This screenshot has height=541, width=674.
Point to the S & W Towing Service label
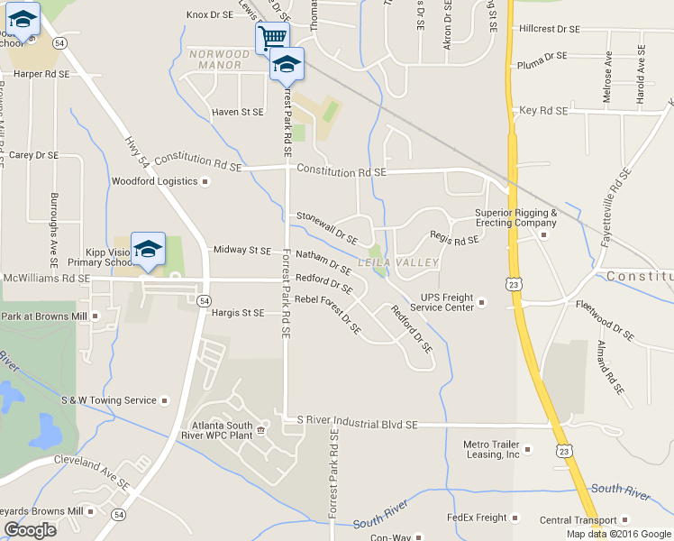[x=108, y=399]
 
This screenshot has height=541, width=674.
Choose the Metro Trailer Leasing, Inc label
[x=491, y=449]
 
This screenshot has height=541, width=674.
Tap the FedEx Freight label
[x=477, y=518]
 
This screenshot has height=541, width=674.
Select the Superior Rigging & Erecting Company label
[x=516, y=218]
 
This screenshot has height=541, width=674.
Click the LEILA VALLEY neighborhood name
[x=397, y=262]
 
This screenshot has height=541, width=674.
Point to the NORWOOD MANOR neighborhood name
[x=215, y=60]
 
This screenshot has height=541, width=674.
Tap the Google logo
[x=30, y=530]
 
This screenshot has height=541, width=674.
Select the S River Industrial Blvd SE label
[x=358, y=421]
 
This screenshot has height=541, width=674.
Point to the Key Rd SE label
[x=543, y=110]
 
